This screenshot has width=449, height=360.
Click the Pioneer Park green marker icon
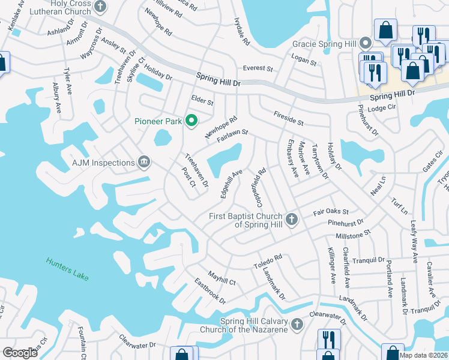[191, 121]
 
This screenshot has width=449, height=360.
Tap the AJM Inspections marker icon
[144, 163]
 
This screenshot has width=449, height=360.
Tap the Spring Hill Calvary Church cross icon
[297, 325]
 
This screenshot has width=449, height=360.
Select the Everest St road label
[258, 68]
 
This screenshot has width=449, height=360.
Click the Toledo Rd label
[268, 260]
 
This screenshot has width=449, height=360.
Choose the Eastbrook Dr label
[210, 290]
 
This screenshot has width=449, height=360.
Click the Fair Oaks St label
[331, 212]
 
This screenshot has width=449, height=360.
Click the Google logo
[20, 353]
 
